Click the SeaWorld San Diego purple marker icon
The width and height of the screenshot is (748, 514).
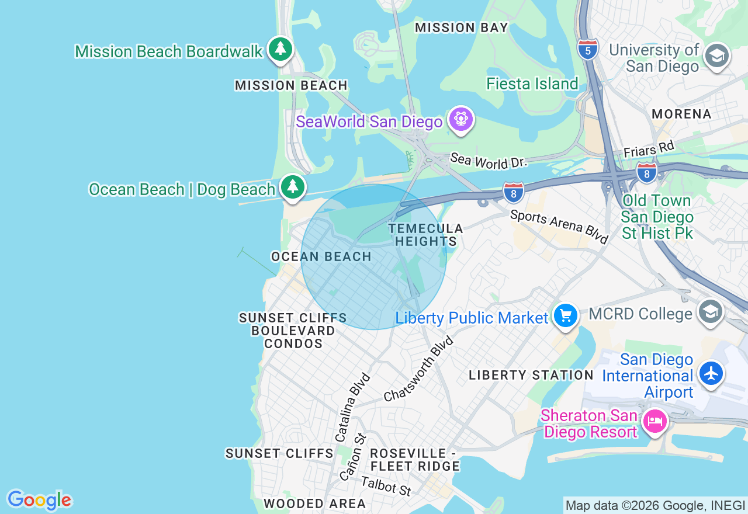[x=461, y=120]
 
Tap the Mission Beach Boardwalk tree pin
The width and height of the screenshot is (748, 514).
[x=280, y=48]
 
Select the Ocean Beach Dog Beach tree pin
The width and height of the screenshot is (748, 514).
[x=293, y=187]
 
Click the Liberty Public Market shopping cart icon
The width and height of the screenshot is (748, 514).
[x=565, y=316]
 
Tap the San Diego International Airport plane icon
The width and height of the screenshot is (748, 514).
[x=711, y=373]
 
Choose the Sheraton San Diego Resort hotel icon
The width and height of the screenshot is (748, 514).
[x=654, y=421]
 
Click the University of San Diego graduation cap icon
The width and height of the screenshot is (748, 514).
[x=716, y=55]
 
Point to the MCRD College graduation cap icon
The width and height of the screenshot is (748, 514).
[x=710, y=312]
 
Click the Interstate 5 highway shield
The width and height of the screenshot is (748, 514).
[x=587, y=49]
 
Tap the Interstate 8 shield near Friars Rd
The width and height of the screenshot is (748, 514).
[x=646, y=172]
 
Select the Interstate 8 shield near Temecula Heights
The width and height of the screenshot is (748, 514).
[x=513, y=192]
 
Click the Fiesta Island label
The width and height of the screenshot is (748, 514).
[x=532, y=84]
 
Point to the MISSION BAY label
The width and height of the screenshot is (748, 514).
[x=462, y=27]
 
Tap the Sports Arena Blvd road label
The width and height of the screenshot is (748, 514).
[x=559, y=226]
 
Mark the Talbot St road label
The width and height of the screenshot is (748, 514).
[x=386, y=486]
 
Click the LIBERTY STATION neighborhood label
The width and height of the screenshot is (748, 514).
[x=531, y=375]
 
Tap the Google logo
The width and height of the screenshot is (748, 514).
[x=39, y=500]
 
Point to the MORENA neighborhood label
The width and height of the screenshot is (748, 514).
[x=681, y=114]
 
